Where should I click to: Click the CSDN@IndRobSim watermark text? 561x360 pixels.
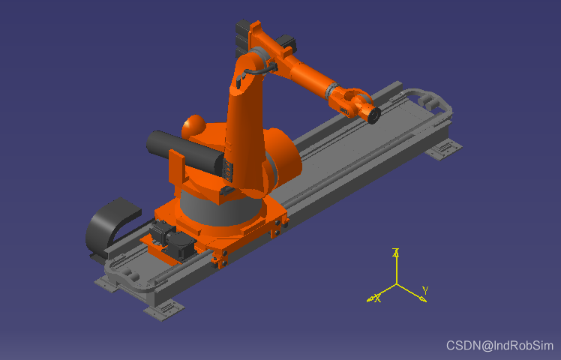coord(499,346)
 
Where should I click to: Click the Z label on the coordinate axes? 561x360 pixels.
coord(396,252)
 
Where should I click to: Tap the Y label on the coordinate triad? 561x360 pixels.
coord(425,290)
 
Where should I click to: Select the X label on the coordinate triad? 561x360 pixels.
coord(377,298)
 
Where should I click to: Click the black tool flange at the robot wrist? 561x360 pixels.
coord(373,115)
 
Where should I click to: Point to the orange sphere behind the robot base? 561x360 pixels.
coord(193,127)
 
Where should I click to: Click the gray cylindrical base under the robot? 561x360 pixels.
coord(219,211)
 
